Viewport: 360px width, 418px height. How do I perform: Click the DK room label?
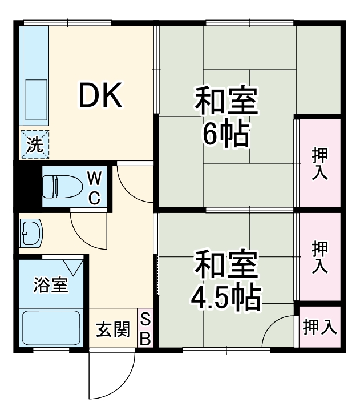click(100, 95)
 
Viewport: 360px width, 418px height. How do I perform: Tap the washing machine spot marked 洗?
click(35, 144)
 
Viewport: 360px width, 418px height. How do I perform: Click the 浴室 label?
click(51, 284)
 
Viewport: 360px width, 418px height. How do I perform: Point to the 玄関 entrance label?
click(112, 329)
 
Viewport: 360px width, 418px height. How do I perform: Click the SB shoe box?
click(145, 329)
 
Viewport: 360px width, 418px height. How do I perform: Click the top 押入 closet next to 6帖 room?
click(319, 163)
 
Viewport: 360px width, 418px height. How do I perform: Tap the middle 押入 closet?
click(319, 256)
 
